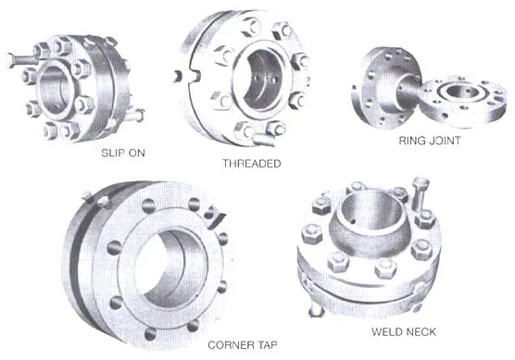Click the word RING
coord(411,142)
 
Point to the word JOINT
coord(444,142)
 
